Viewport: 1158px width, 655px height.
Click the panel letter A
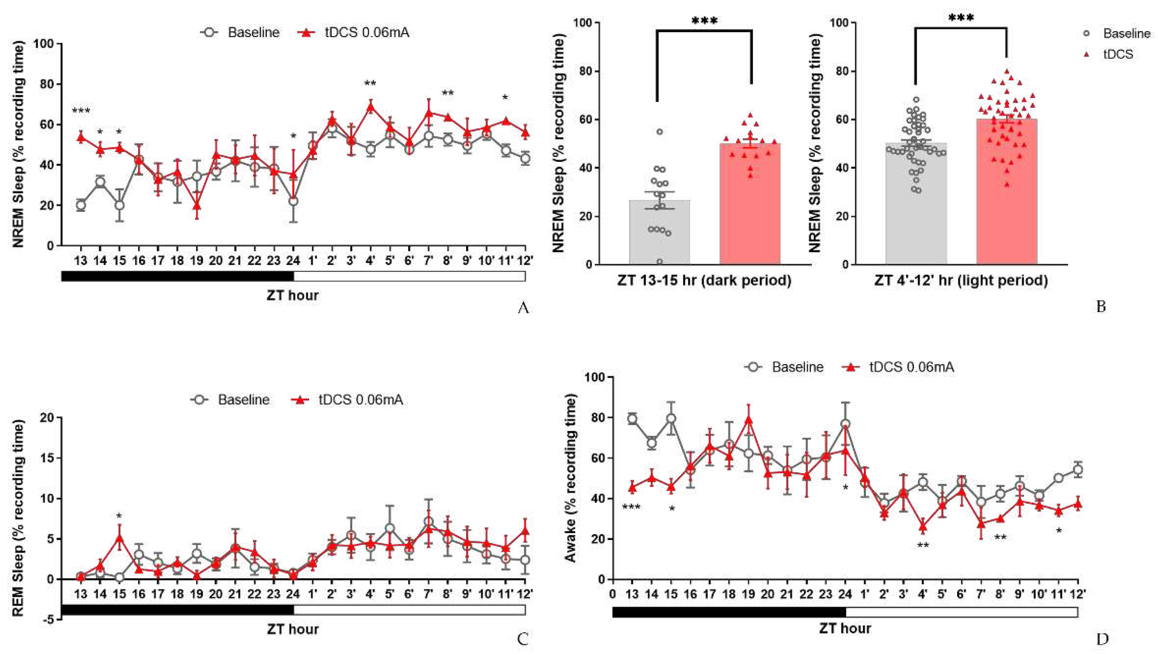pyautogui.click(x=523, y=308)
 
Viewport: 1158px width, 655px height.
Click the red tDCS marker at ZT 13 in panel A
pyautogui.click(x=81, y=138)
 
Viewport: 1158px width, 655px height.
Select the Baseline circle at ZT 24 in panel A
pyautogui.click(x=293, y=201)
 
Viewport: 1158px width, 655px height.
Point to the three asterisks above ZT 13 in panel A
pyautogui.click(x=81, y=111)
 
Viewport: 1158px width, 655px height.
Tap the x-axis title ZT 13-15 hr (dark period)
pyautogui.click(x=704, y=281)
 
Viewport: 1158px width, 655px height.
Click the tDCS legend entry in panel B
pyautogui.click(x=1111, y=54)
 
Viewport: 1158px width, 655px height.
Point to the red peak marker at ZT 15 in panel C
pyautogui.click(x=119, y=537)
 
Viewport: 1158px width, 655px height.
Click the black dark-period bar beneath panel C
pyautogui.click(x=178, y=610)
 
